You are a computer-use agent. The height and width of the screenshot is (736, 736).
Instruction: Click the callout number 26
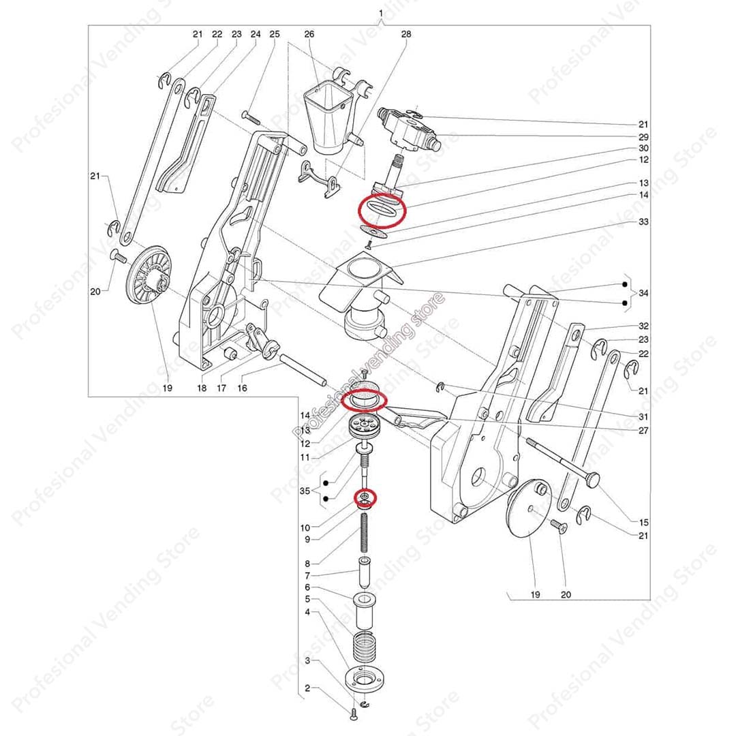point(309,34)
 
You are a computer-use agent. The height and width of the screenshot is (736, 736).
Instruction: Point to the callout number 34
point(643,293)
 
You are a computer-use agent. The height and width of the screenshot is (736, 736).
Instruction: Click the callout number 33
point(643,222)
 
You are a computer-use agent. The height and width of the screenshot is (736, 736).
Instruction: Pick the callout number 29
point(643,137)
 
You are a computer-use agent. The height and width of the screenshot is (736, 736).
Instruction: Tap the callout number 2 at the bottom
point(307,689)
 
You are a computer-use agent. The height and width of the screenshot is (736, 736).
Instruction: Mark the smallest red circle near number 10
point(365,498)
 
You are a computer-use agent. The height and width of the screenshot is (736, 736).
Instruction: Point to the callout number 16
point(243,388)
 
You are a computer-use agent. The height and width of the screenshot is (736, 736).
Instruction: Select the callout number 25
point(275,34)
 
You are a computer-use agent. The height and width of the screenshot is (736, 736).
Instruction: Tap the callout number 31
point(643,416)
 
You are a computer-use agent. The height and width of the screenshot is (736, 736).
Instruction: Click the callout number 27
point(643,431)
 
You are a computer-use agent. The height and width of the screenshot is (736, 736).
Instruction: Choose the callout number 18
point(202,388)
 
